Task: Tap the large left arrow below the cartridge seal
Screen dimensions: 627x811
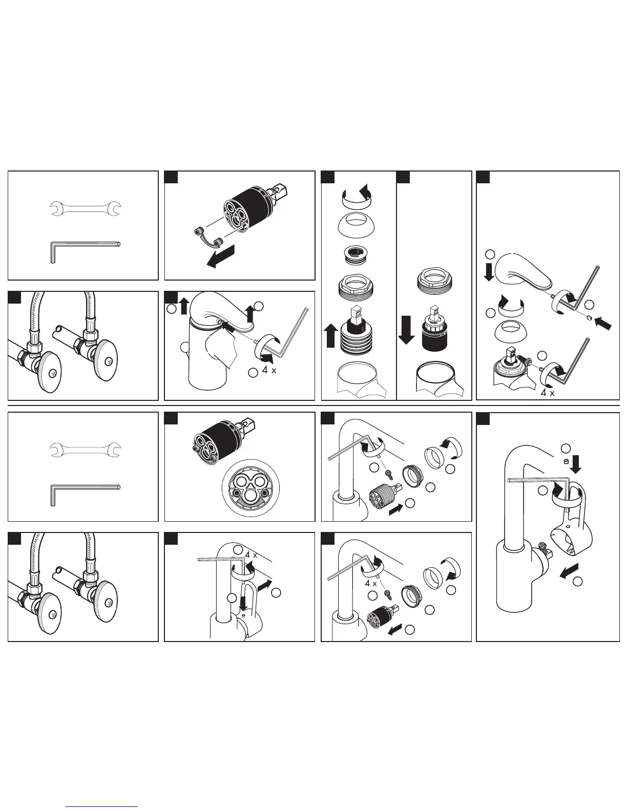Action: [x=221, y=255]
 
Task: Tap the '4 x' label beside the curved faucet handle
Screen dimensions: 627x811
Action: [x=269, y=370]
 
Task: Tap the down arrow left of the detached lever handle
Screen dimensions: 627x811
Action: [x=489, y=271]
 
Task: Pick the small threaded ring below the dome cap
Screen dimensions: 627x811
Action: [x=357, y=254]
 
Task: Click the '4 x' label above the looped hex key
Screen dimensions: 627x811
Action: [x=250, y=554]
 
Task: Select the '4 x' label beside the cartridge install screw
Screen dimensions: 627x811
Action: [x=371, y=583]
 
